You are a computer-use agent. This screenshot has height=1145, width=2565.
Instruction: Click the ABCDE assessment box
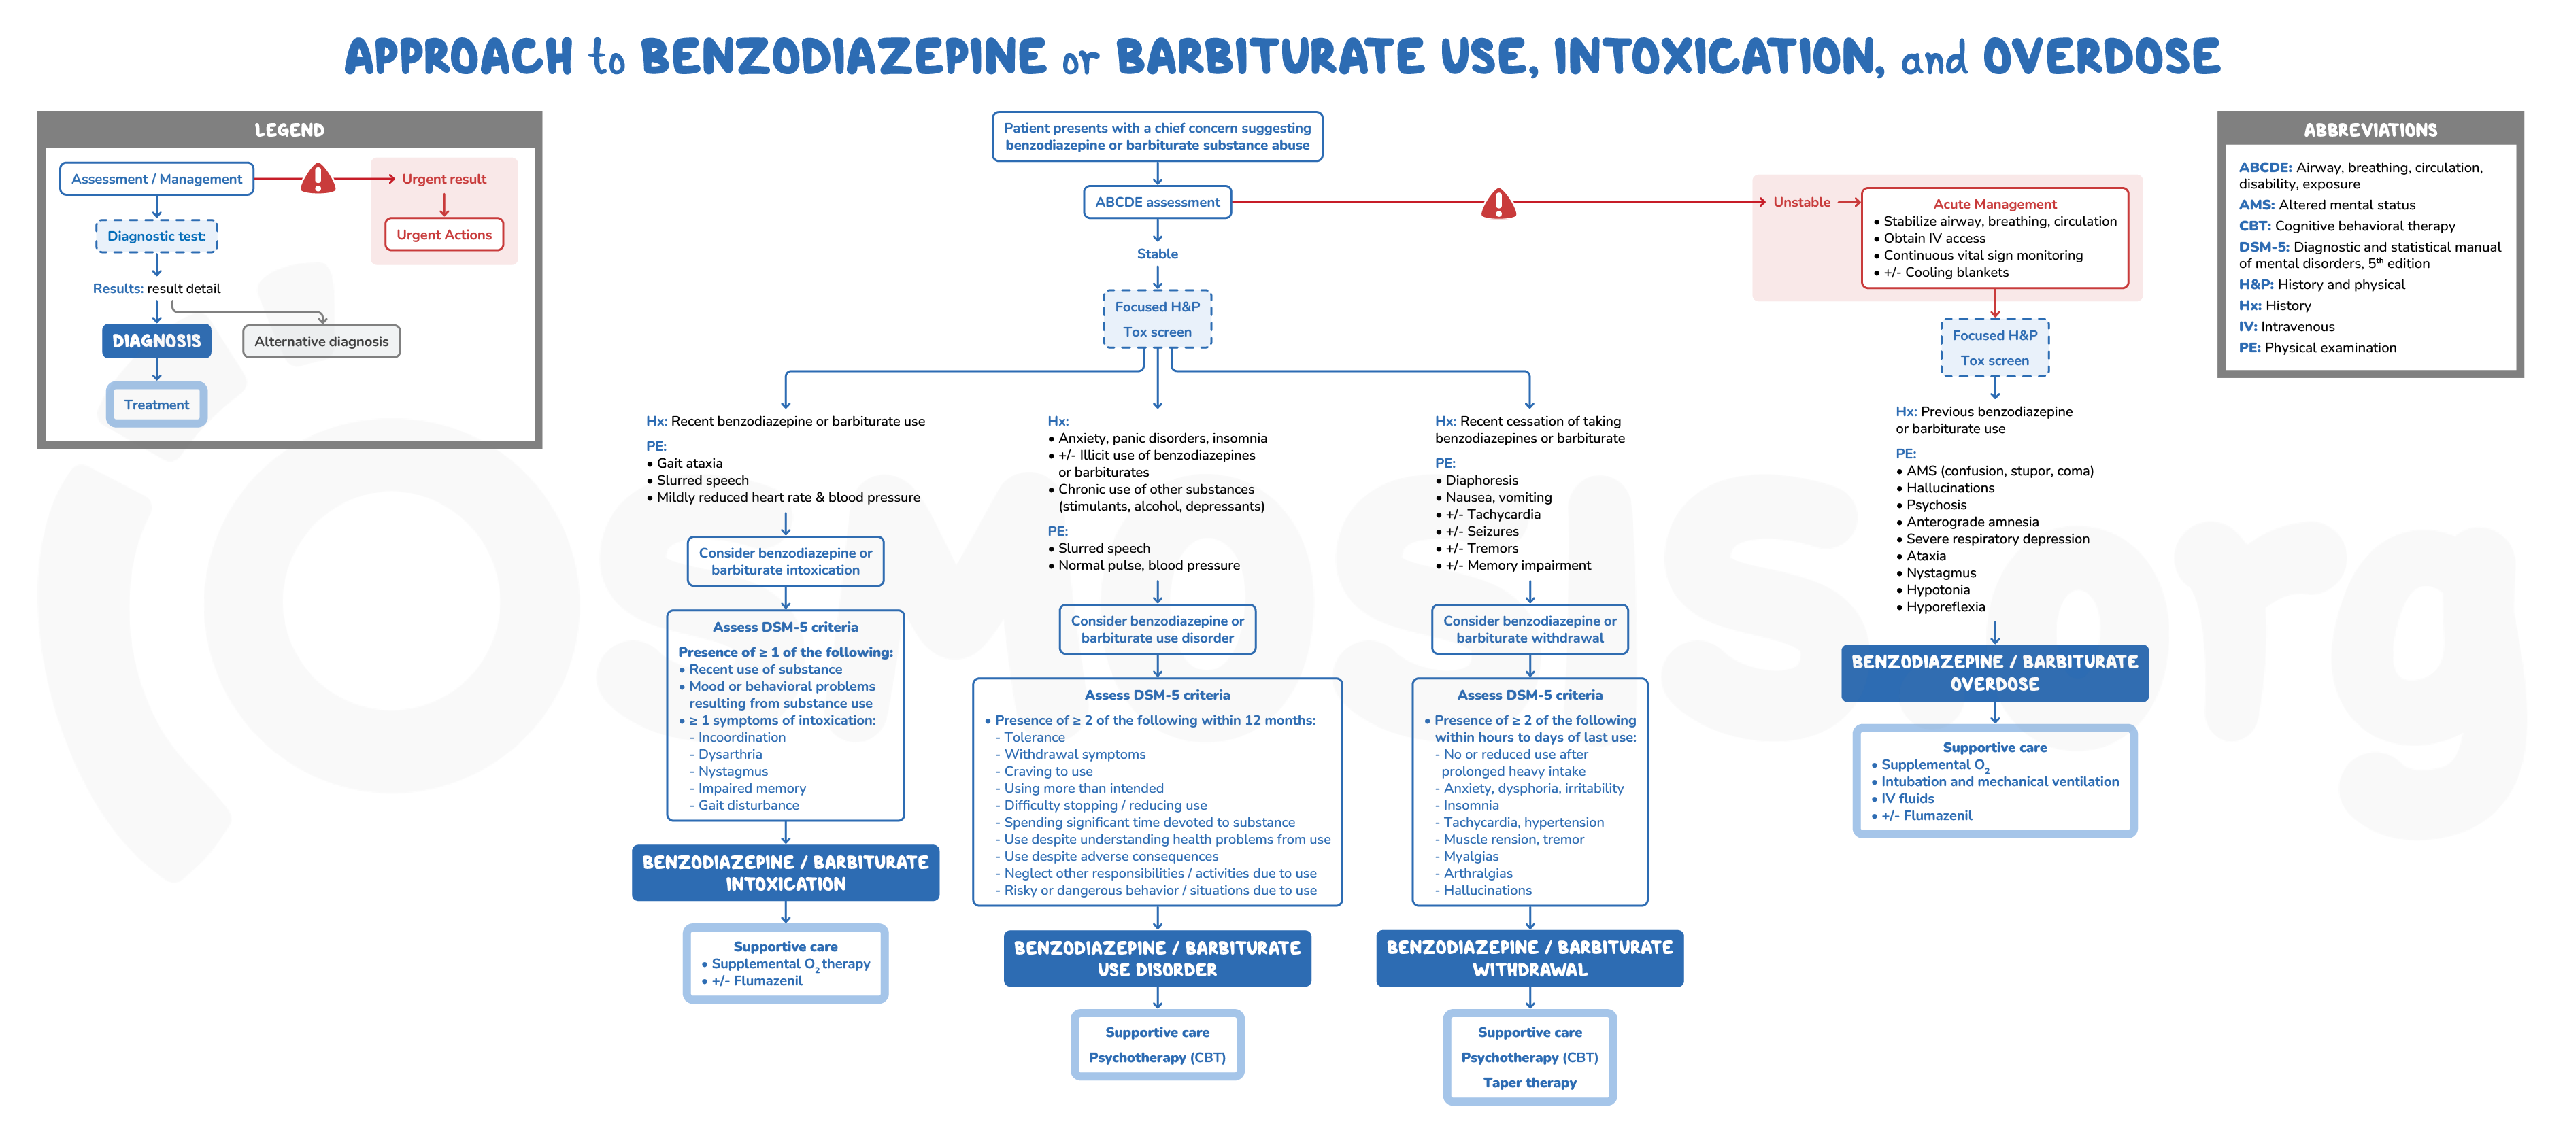click(x=1157, y=202)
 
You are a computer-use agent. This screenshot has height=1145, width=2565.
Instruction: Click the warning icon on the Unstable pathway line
click(x=1498, y=204)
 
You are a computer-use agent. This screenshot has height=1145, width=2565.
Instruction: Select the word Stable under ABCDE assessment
click(x=1157, y=254)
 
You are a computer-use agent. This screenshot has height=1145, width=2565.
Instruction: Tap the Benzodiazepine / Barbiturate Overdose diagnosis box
click(x=1994, y=673)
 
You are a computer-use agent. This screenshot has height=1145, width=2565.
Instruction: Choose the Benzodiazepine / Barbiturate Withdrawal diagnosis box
click(x=1530, y=959)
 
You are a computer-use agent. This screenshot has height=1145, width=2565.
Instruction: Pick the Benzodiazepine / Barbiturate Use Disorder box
click(x=1157, y=959)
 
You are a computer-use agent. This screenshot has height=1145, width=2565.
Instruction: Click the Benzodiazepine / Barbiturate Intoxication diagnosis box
click(x=785, y=873)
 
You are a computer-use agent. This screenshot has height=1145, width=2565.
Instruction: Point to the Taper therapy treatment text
click(x=1530, y=1083)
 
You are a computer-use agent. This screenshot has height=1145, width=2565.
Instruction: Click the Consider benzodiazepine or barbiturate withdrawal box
click(x=1530, y=629)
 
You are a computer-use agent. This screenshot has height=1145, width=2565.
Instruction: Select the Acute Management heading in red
click(x=1994, y=204)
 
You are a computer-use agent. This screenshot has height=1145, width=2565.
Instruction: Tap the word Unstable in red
click(x=1801, y=202)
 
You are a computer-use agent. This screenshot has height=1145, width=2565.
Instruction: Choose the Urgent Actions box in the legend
click(x=444, y=235)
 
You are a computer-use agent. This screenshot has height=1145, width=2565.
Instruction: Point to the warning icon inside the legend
click(x=318, y=180)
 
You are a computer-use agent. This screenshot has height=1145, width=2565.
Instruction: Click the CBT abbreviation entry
click(x=2346, y=226)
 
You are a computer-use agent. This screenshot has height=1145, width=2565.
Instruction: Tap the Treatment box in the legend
click(x=156, y=405)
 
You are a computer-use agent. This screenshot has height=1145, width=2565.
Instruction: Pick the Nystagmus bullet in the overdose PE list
click(x=1941, y=573)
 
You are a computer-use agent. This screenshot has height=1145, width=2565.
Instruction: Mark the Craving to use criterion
click(x=1047, y=772)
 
